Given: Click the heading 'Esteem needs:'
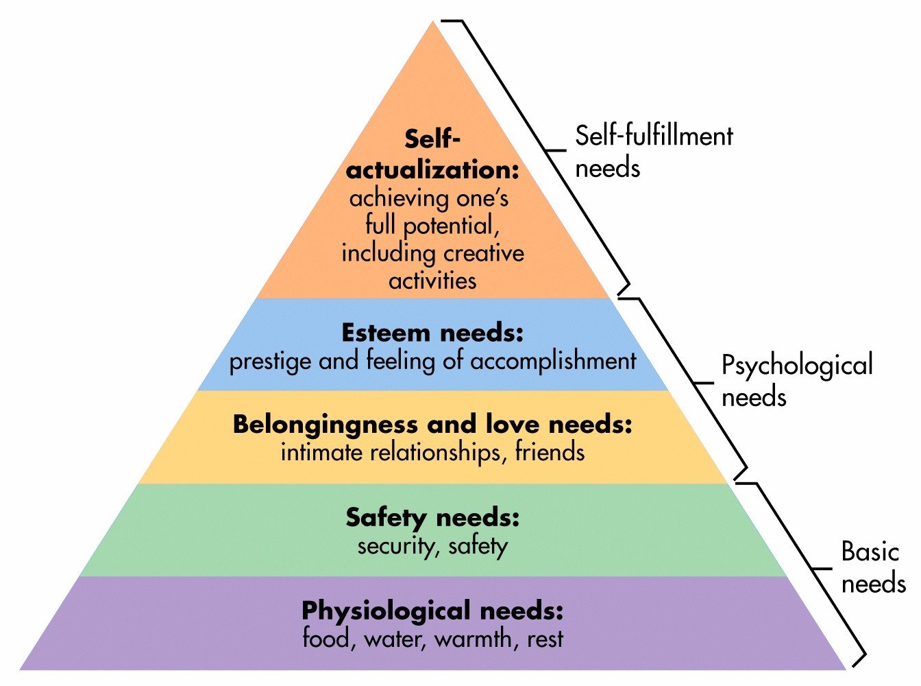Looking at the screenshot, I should [x=432, y=333].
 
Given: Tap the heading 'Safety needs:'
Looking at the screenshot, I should [x=432, y=517].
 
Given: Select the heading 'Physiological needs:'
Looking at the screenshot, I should [x=432, y=610].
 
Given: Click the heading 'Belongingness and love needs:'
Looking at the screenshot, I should [x=432, y=425].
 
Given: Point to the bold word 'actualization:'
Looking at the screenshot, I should [x=432, y=169].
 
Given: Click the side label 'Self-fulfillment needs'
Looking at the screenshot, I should [x=653, y=152].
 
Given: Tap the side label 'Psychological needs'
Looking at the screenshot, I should [x=796, y=381].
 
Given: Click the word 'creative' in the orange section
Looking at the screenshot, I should [x=481, y=253].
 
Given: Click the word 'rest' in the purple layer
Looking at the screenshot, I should [x=545, y=639].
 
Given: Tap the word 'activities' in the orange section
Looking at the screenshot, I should [x=432, y=281].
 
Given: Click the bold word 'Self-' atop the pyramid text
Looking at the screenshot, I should [x=432, y=139].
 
